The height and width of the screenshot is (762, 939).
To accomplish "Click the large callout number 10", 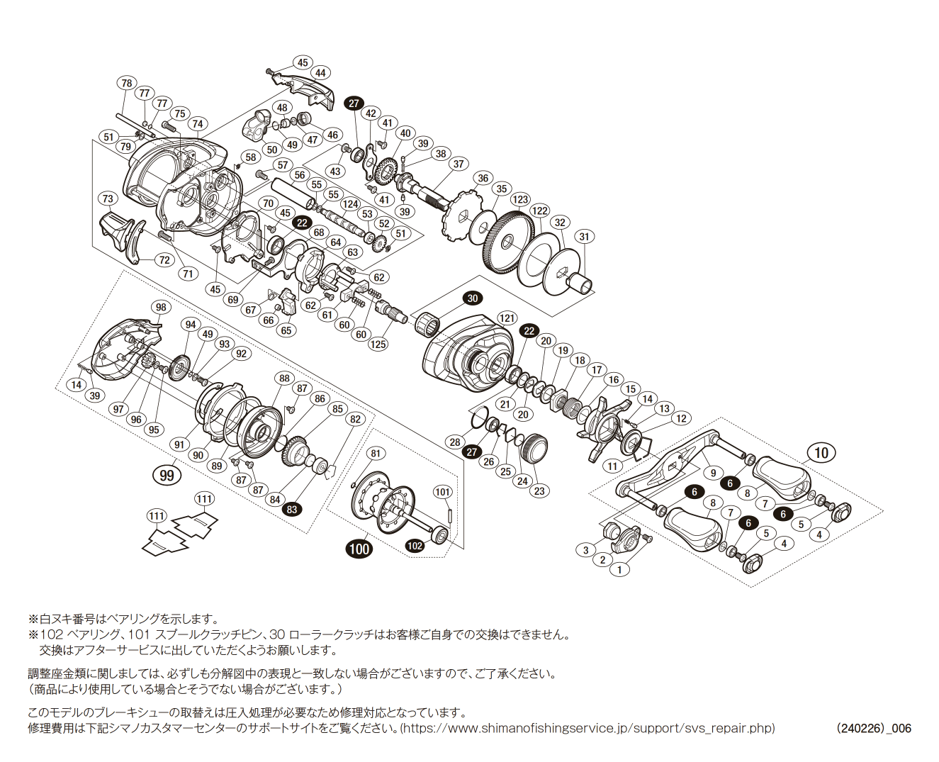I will coord(821,453).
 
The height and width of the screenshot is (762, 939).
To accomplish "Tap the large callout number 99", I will coord(167,475).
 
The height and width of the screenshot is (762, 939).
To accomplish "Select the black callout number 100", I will coord(359,548).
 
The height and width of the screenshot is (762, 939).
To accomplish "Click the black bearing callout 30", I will coord(473,298).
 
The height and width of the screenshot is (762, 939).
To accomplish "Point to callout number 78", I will coord(126,83).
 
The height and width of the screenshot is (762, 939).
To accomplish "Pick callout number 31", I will coord(584,237).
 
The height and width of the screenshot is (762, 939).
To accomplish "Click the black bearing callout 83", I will coord(292,509).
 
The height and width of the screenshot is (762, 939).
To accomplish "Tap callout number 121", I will coord(507,318).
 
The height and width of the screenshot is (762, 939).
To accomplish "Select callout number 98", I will coord(162,307).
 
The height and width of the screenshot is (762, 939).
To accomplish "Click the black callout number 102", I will coord(415,545).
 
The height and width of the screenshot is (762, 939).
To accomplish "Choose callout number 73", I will coord(108,198).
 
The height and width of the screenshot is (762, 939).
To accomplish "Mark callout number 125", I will coord(378,344).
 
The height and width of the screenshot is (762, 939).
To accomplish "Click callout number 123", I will coord(520,199).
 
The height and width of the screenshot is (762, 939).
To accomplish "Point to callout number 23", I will coord(540,491).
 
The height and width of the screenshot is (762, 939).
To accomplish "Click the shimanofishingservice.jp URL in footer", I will coord(589,728).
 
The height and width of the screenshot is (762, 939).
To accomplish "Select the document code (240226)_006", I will coord(874,728).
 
